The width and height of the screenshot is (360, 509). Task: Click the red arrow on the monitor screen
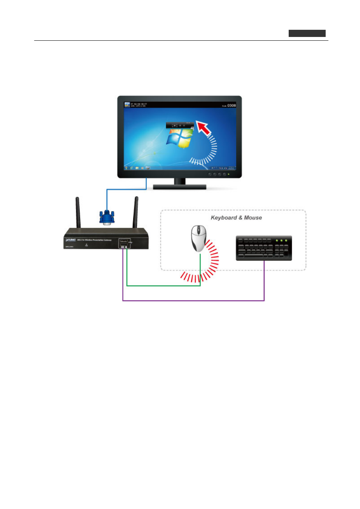point(204,128)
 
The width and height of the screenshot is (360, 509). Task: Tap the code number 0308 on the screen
point(231,106)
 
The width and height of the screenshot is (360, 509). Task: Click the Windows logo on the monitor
point(179,139)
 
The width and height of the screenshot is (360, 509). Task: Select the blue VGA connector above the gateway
point(107,218)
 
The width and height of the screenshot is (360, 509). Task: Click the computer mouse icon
point(198,238)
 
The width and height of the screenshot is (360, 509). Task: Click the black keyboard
point(264,248)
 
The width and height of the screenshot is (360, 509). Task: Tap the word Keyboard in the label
point(224,218)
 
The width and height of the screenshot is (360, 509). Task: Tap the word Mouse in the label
point(253,218)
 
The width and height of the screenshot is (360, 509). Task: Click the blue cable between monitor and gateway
point(126,189)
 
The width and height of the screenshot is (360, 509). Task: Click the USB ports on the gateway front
point(124,243)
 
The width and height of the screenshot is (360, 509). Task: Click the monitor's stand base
point(180,187)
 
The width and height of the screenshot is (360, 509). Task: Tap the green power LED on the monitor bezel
point(229,174)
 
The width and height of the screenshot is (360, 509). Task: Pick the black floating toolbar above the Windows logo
point(180,125)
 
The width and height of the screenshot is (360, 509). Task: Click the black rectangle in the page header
point(307,34)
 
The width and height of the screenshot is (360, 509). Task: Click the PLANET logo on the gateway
point(71,240)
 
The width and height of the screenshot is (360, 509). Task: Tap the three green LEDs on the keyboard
point(281,240)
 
